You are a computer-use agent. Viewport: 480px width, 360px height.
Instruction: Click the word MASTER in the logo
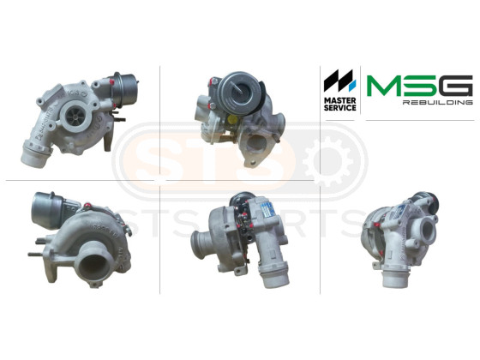coord(339,100)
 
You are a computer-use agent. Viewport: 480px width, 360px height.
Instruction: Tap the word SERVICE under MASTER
coord(339,108)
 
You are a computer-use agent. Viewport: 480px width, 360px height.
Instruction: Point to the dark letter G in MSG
coord(456,86)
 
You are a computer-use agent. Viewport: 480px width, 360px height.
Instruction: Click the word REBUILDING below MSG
coord(438,102)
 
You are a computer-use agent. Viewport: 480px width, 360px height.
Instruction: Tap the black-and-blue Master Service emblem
coord(339,81)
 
